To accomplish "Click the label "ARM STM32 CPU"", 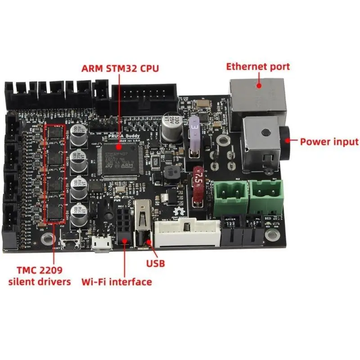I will [x=120, y=69].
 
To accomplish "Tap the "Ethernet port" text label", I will [x=258, y=67].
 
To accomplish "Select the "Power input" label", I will [x=329, y=142].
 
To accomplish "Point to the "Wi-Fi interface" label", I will [x=117, y=282].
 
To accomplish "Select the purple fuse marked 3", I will [x=195, y=134].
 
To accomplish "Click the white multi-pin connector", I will [x=186, y=232].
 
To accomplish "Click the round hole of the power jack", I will [x=266, y=133].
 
